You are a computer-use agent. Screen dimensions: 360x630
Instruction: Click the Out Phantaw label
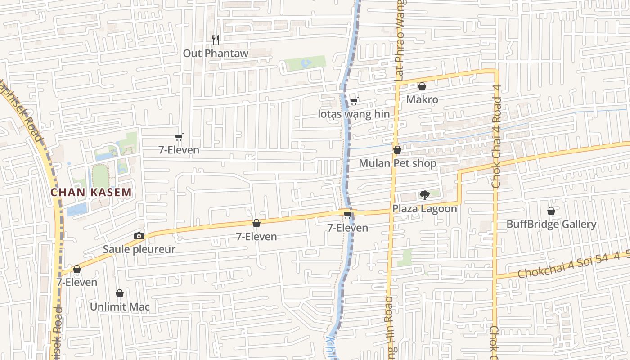(215, 53)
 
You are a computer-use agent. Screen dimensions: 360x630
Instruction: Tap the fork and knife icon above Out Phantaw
(216, 40)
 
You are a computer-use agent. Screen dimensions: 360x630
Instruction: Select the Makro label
(422, 99)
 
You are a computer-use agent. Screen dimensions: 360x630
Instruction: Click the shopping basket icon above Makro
(422, 86)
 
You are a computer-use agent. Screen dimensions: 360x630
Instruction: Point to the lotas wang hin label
(354, 114)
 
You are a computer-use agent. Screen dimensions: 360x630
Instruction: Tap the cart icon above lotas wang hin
(354, 101)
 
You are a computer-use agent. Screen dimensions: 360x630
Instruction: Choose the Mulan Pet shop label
(397, 163)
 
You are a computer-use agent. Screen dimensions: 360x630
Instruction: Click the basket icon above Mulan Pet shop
(397, 150)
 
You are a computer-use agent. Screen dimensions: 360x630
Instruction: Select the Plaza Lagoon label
(424, 208)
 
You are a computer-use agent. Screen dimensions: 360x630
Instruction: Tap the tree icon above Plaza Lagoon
(424, 195)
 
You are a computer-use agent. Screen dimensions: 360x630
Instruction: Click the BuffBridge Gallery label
(551, 224)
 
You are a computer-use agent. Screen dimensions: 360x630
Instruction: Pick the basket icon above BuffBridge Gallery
(551, 211)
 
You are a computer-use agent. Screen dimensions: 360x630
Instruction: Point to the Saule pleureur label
(139, 249)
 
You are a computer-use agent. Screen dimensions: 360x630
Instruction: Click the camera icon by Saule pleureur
(139, 236)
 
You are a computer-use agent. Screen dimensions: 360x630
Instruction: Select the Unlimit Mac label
(120, 307)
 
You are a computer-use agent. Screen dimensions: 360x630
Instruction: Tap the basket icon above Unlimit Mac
(120, 294)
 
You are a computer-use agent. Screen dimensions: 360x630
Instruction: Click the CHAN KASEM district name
(91, 193)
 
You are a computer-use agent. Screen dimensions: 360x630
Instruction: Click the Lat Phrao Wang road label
(400, 40)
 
